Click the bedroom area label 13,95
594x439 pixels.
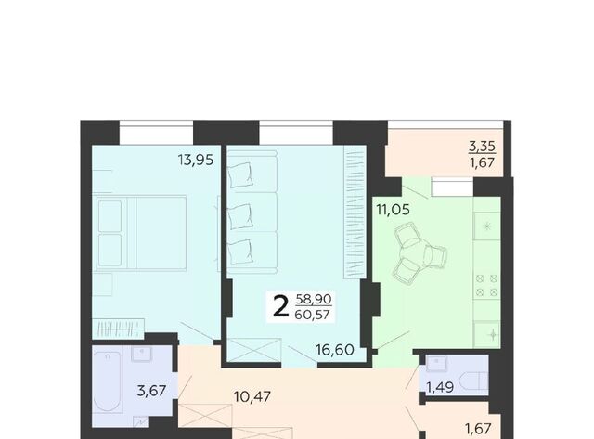pos(196,160)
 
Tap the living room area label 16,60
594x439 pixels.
pos(335,350)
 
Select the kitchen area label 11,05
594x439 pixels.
pos(393,209)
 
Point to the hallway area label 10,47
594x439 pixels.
pos(252,396)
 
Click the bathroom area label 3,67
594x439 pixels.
pos(151,390)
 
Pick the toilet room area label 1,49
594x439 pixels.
pos(440,387)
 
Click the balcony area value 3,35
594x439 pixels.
pos(482,147)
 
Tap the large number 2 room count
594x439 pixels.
pos(280,307)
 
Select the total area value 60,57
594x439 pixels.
pos(312,315)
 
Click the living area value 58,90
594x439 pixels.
pos(314,299)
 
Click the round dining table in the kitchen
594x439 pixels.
pos(416,252)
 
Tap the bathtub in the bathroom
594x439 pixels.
pos(108,381)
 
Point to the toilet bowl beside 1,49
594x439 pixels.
pos(473,381)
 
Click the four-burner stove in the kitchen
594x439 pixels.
pos(486,285)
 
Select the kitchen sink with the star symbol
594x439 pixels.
pos(487,226)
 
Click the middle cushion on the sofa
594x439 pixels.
pos(240,216)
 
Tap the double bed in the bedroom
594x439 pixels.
pos(141,232)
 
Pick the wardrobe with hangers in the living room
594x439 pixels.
pos(355,213)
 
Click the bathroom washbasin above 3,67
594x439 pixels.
pos(142,354)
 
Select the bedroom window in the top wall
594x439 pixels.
pos(156,132)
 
